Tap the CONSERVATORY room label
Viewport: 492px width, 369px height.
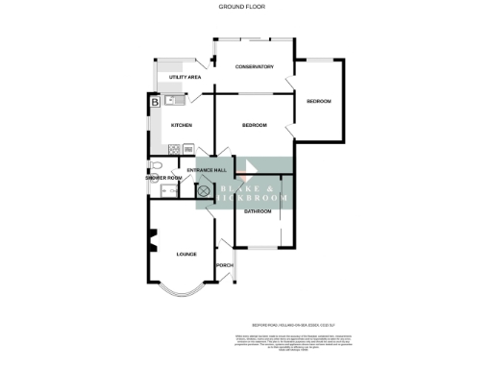pyautogui.click(x=256, y=67)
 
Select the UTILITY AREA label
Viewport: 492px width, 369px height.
pyautogui.click(x=184, y=77)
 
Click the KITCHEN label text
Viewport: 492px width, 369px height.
pyautogui.click(x=181, y=126)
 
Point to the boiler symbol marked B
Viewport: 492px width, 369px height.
pyautogui.click(x=154, y=101)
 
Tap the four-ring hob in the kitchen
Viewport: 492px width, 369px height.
pyautogui.click(x=174, y=149)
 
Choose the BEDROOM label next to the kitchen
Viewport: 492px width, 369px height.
pyautogui.click(x=254, y=126)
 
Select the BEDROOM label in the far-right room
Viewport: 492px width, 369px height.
pyautogui.click(x=319, y=102)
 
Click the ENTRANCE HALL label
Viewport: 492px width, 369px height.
pyautogui.click(x=206, y=170)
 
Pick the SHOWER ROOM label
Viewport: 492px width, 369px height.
pyautogui.click(x=163, y=178)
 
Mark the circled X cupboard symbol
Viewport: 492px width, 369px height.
pyautogui.click(x=204, y=191)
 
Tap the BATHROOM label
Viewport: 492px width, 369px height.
pyautogui.click(x=258, y=211)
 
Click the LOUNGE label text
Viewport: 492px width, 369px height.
pyautogui.click(x=185, y=255)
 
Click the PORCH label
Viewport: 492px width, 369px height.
pyautogui.click(x=225, y=265)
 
